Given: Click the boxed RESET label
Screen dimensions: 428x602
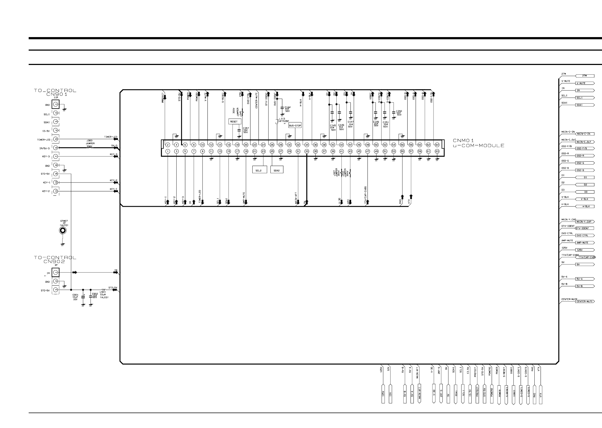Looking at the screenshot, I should click(234, 122).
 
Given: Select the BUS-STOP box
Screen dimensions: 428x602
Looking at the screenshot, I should click(295, 126).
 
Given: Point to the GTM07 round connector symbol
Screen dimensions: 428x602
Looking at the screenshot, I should click(63, 231).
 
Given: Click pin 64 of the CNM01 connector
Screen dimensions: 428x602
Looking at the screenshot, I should click(437, 145).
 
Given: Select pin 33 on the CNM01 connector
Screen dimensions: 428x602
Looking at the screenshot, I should click(307, 151).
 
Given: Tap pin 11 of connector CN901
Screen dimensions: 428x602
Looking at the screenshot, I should click(55, 191).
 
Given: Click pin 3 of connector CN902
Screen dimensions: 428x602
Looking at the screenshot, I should click(55, 290).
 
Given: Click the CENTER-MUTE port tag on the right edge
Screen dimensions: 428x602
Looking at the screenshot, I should click(585, 301).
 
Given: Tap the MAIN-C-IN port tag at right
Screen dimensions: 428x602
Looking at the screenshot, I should click(585, 134).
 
